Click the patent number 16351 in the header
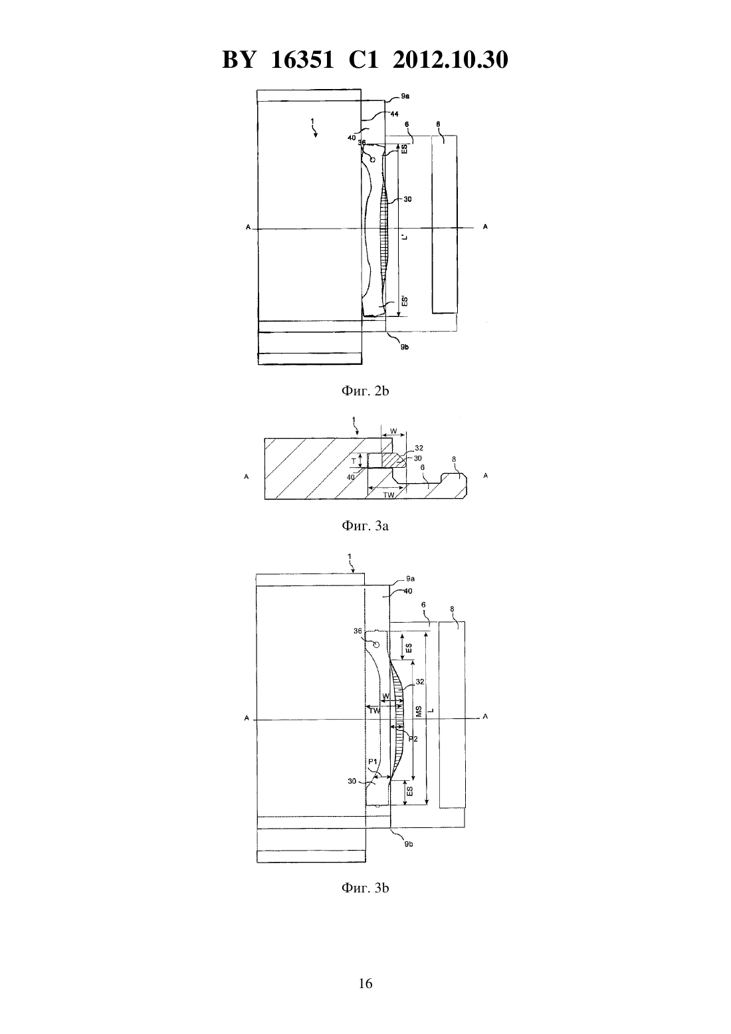[302, 60]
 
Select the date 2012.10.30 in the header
[451, 60]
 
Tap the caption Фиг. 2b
[365, 391]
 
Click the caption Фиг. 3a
[365, 526]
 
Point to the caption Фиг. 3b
[365, 888]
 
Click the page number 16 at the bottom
[365, 983]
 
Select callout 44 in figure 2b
[395, 114]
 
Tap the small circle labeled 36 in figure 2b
[372, 159]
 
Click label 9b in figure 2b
[405, 347]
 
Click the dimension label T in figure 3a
[354, 461]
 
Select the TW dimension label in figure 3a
[389, 495]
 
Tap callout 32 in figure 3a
[419, 448]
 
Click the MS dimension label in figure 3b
[419, 711]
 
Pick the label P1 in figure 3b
[373, 762]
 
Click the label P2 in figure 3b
[413, 739]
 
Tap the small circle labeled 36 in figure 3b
[375, 645]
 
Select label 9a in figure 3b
[410, 578]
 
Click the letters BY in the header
[239, 60]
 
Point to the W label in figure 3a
[393, 431]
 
